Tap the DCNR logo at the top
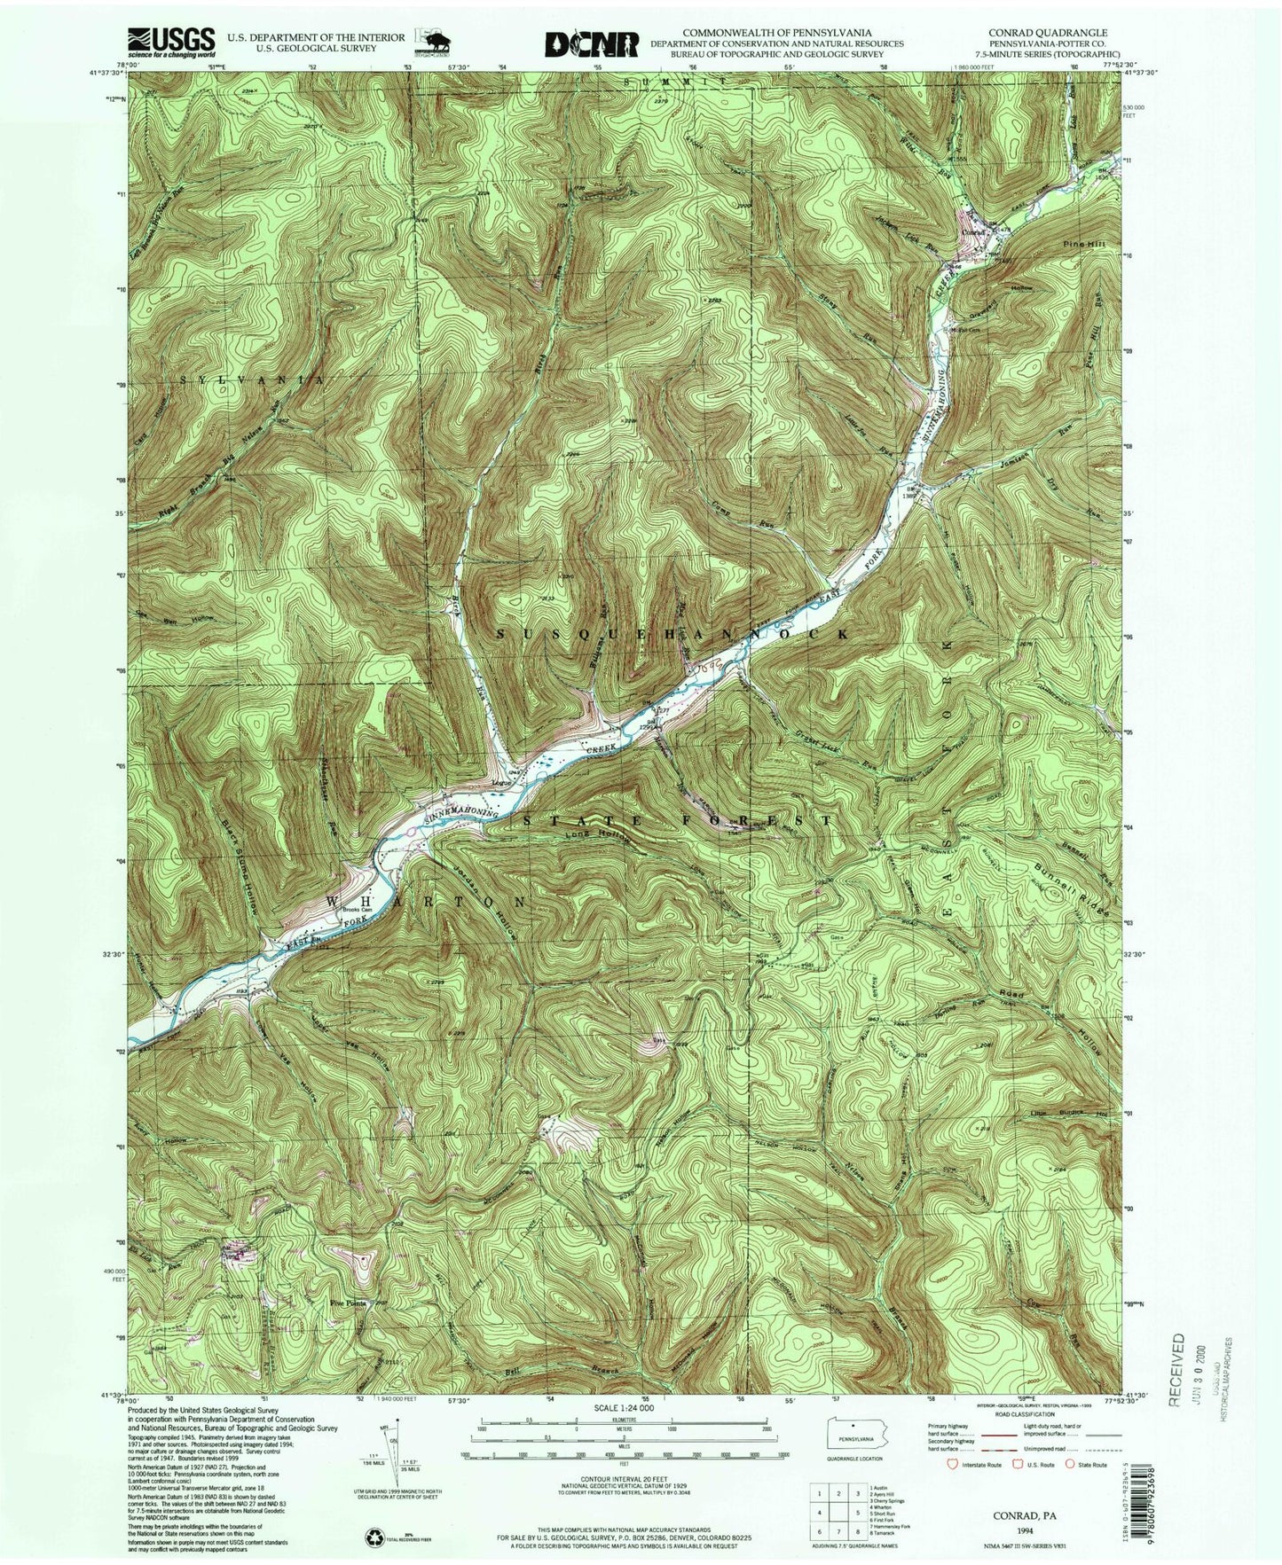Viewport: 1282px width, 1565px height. tap(592, 43)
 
